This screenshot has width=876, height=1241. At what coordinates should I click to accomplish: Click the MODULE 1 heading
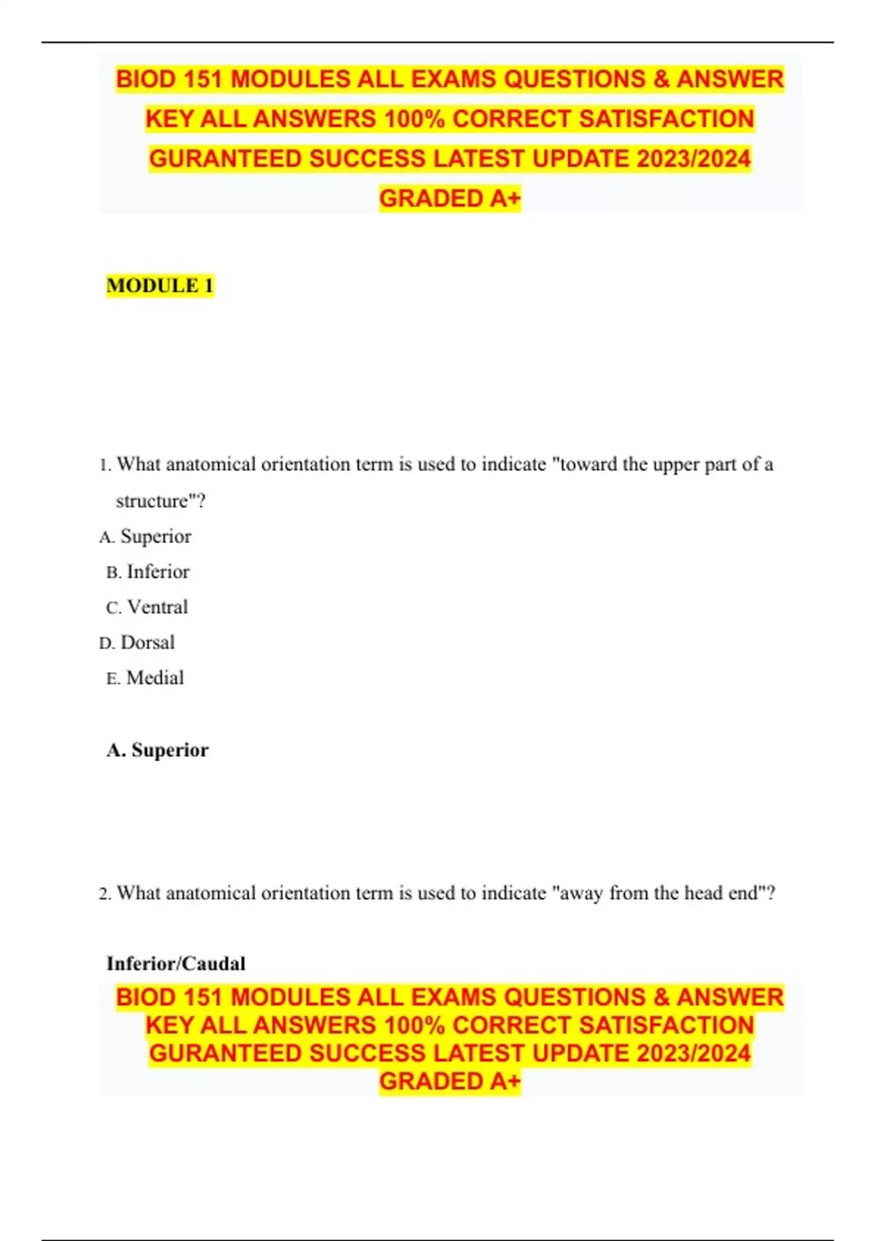click(160, 285)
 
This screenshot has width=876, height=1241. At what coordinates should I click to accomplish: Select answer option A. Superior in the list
click(146, 537)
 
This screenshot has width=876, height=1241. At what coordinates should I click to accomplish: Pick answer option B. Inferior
click(148, 572)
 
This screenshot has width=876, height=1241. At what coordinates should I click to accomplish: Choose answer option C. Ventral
click(147, 607)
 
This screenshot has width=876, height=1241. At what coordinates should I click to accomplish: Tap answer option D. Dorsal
click(137, 642)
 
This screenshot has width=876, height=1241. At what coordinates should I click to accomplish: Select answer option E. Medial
click(145, 678)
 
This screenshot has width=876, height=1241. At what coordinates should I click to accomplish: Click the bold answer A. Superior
click(158, 750)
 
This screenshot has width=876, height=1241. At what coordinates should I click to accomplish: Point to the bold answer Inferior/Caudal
click(176, 964)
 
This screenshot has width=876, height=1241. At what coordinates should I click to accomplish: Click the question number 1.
click(104, 465)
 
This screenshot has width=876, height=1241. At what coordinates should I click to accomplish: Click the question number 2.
click(104, 894)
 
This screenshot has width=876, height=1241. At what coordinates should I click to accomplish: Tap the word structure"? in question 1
click(161, 502)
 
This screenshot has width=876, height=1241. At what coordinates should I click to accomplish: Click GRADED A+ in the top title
click(450, 199)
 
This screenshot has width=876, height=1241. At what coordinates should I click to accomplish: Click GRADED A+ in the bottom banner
click(450, 1081)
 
